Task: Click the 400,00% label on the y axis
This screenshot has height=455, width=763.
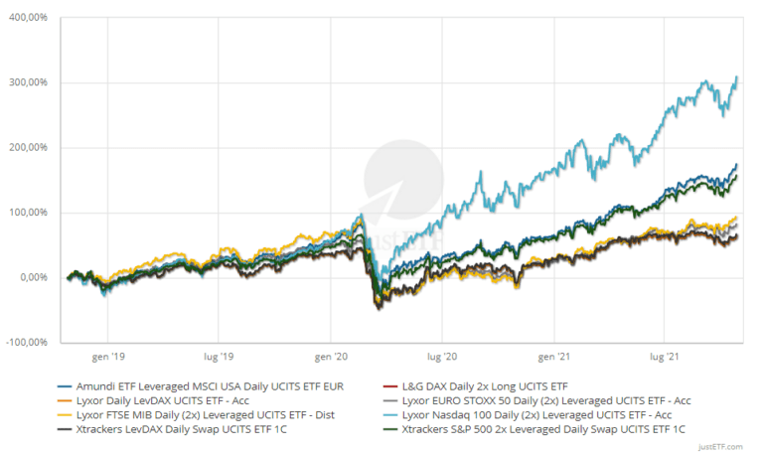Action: pyautogui.click(x=31, y=18)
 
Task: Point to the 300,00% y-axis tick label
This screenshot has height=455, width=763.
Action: pyautogui.click(x=31, y=82)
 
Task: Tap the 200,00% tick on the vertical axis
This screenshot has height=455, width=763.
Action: pyautogui.click(x=31, y=147)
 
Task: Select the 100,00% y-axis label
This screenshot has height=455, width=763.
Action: pyautogui.click(x=31, y=213)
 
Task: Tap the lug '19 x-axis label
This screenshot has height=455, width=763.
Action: pyautogui.click(x=218, y=355)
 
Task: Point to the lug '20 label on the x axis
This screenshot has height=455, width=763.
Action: pyautogui.click(x=441, y=355)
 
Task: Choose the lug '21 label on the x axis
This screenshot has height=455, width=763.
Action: pyautogui.click(x=665, y=355)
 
